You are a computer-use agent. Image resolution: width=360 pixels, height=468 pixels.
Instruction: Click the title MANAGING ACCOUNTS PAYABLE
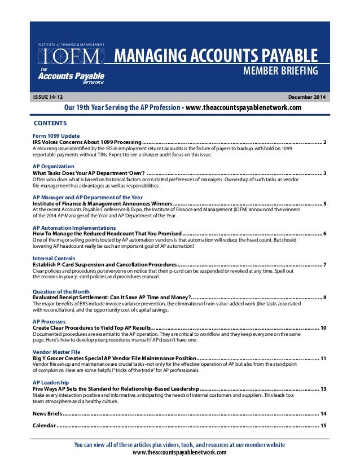click(216, 56)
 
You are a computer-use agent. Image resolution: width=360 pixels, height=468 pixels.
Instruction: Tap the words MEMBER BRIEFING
click(281, 71)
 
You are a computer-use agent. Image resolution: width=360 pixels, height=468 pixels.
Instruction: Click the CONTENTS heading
click(50, 123)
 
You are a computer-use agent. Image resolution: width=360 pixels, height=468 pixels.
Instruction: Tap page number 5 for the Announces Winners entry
click(326, 203)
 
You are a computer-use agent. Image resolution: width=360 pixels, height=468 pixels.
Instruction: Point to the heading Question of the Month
click(62, 290)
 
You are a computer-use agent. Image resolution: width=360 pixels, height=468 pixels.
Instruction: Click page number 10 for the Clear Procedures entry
click(323, 327)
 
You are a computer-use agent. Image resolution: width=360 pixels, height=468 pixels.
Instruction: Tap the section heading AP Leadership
click(51, 382)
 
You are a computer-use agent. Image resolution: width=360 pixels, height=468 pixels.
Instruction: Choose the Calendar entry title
click(45, 425)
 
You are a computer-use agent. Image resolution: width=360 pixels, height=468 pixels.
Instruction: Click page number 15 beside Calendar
click(323, 425)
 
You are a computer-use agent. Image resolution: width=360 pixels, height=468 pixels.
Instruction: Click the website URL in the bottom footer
click(179, 453)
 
